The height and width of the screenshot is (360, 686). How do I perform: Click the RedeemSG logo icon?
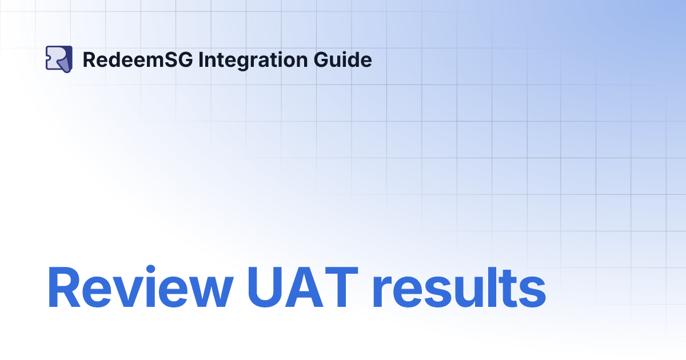59,59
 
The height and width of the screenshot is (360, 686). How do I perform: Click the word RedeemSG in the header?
138,59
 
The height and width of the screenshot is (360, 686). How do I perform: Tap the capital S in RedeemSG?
171,59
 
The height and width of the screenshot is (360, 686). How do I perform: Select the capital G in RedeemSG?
185,59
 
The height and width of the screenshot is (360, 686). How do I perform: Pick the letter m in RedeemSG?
156,61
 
